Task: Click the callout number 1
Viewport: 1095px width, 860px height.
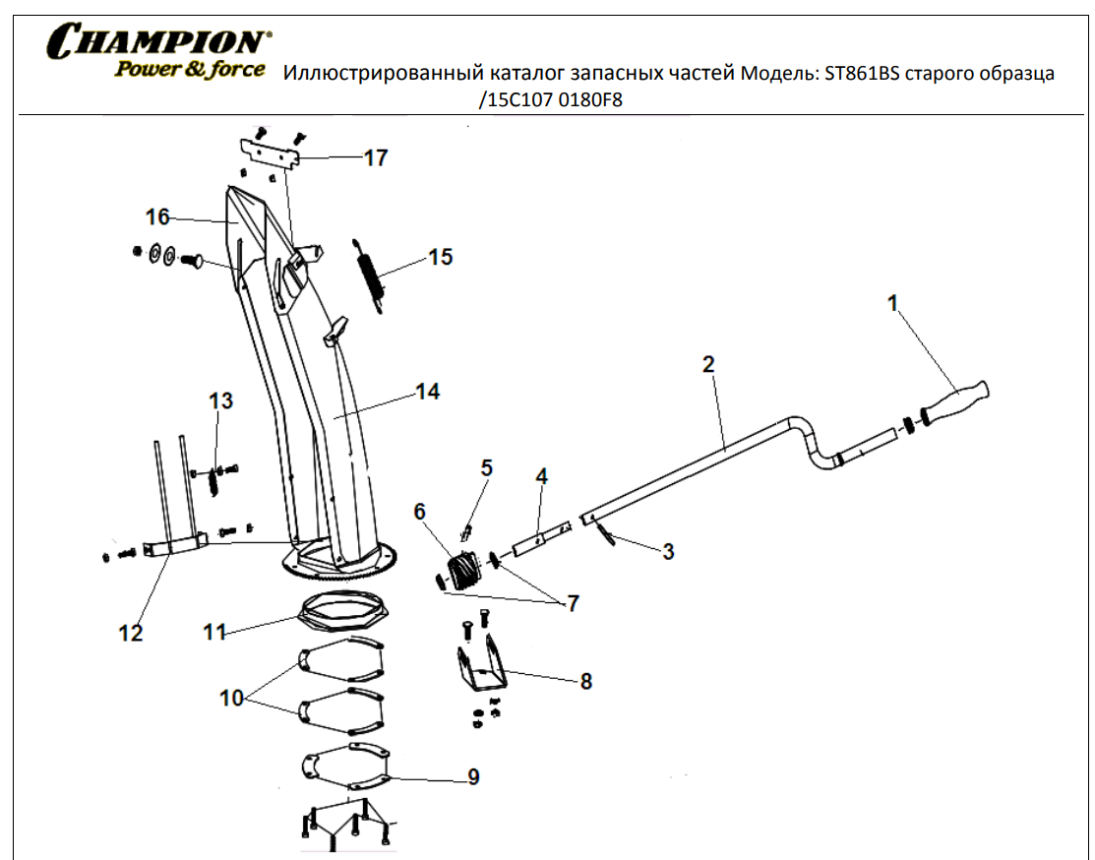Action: tap(893, 304)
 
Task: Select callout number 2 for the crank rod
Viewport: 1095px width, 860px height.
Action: tap(708, 364)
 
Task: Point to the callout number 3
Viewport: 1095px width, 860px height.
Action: tap(668, 552)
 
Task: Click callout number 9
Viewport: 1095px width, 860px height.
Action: tap(473, 777)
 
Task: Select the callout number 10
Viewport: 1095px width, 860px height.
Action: tap(231, 699)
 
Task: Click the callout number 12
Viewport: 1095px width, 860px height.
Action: tap(131, 633)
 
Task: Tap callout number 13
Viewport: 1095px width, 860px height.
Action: tap(221, 400)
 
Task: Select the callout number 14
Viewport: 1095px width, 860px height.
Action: tap(427, 392)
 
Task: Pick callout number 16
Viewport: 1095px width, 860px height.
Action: tap(158, 216)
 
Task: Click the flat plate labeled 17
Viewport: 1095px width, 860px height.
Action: tap(271, 154)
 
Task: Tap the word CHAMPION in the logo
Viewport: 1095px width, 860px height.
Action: tap(157, 42)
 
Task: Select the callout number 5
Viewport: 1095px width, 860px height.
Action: tap(486, 466)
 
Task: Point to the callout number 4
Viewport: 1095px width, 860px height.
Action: tap(541, 476)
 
